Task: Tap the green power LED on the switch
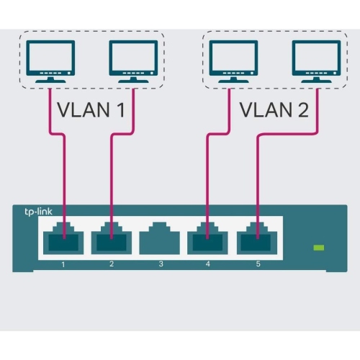(x=319, y=248)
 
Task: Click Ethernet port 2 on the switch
(x=112, y=238)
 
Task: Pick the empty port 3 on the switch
(x=160, y=238)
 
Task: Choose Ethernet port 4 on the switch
(x=208, y=238)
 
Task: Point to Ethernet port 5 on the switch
(x=256, y=238)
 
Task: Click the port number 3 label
(x=161, y=264)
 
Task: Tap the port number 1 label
(x=63, y=264)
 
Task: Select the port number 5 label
(x=257, y=264)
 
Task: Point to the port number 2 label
(x=112, y=264)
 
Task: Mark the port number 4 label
(x=209, y=264)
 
